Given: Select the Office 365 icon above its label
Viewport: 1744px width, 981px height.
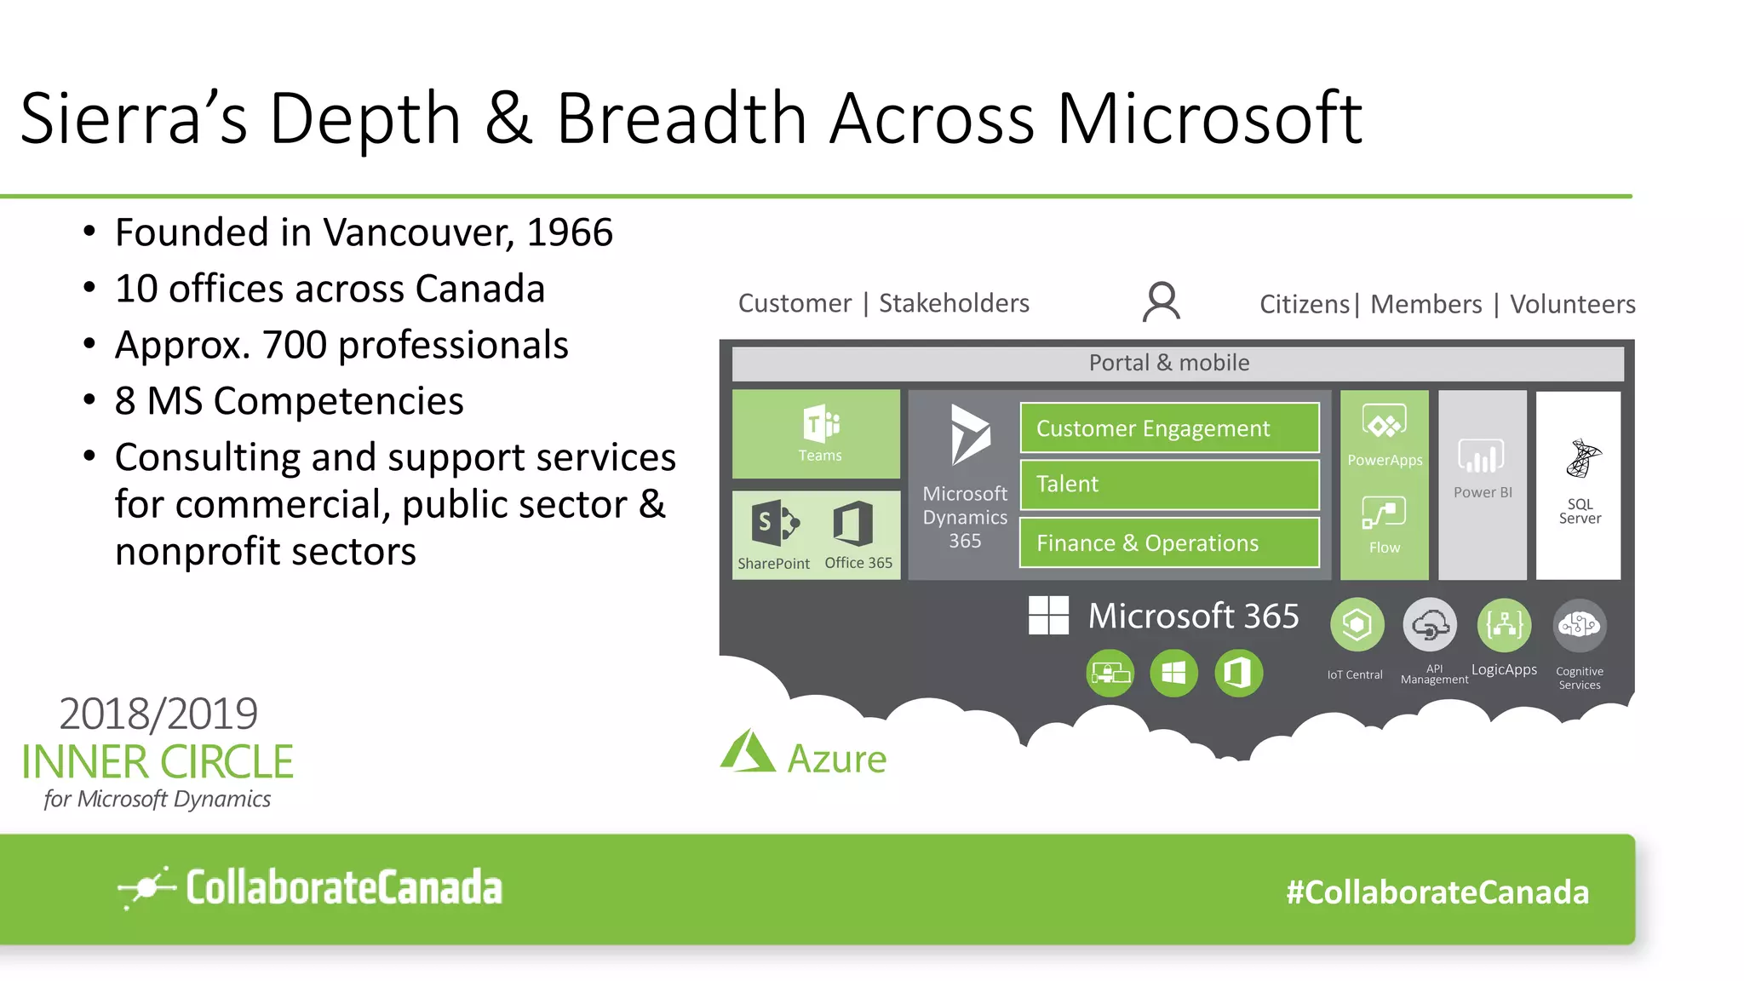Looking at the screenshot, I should click(x=853, y=523).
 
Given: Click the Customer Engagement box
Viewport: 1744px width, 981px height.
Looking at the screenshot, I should click(x=1169, y=428).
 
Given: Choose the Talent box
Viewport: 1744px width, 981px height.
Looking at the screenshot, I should click(x=1169, y=485).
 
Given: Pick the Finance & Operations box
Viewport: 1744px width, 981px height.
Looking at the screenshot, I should click(x=1169, y=543).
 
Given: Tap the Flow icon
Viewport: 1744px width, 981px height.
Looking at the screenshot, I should click(x=1384, y=513).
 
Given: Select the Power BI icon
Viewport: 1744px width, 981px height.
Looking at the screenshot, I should click(x=1482, y=457).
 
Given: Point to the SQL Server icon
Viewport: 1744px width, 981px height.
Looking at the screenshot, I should click(x=1582, y=460).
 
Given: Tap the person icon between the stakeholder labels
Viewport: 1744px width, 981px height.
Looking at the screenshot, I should click(x=1162, y=302).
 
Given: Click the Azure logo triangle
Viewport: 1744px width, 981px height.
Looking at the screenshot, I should click(x=747, y=753).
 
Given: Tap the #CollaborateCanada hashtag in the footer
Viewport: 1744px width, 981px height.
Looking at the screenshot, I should click(x=1437, y=892).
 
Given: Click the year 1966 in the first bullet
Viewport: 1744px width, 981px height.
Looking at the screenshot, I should click(x=569, y=232).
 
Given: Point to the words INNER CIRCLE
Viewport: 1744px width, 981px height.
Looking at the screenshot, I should click(x=158, y=762).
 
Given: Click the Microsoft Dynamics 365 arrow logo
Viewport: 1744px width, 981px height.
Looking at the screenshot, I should click(x=969, y=435).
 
